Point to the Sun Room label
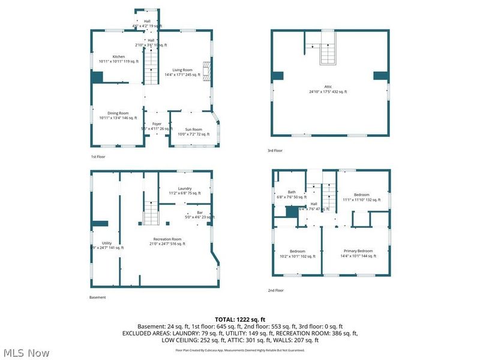click(x=193, y=130)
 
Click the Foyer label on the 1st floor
click(x=157, y=124)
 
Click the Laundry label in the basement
click(x=184, y=189)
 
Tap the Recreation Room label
click(x=167, y=239)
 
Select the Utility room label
click(x=106, y=243)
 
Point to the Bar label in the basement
click(x=200, y=212)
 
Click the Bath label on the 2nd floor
click(x=291, y=192)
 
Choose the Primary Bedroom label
click(x=358, y=251)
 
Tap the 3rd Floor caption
click(x=275, y=151)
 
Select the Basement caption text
click(x=98, y=297)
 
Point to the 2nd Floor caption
click(x=275, y=290)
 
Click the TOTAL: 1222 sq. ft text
click(x=239, y=319)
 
